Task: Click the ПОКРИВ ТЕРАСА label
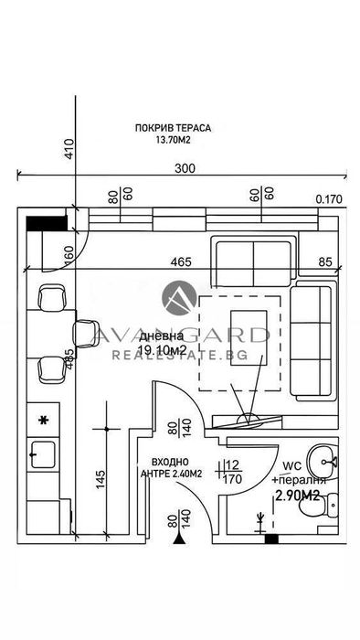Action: (x=172, y=129)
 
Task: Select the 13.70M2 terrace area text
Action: (x=172, y=141)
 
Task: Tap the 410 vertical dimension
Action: (x=69, y=149)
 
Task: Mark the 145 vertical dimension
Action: (x=100, y=477)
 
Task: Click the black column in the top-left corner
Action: (x=46, y=221)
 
